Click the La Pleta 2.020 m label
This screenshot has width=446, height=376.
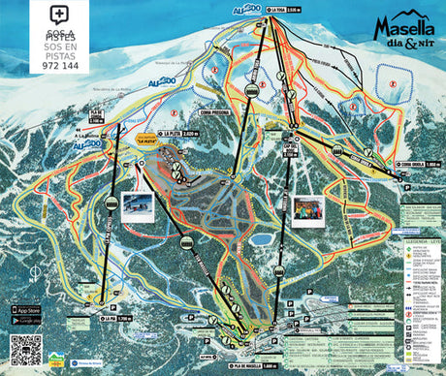178,136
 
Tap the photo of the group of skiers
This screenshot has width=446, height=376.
309,209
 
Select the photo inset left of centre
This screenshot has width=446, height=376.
138,205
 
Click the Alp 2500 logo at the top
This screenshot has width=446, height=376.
246,10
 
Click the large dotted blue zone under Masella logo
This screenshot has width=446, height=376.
395,78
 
